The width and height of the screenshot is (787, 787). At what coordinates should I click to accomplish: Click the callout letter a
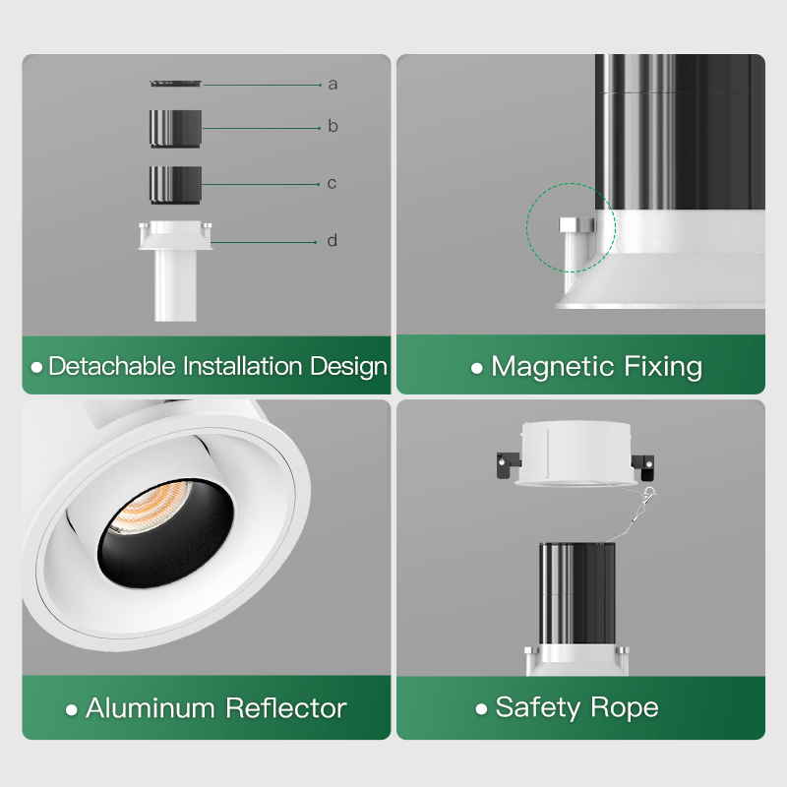click(x=333, y=85)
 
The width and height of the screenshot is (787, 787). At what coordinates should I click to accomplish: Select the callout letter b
click(x=333, y=127)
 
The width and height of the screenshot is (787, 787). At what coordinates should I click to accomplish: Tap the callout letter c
click(x=333, y=183)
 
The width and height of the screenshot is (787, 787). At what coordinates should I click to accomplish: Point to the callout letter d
click(x=333, y=241)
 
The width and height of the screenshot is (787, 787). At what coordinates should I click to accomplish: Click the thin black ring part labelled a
click(x=177, y=84)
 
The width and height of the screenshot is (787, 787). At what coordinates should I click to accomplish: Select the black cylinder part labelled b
click(x=176, y=128)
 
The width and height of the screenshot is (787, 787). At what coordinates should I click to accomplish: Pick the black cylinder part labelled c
click(x=176, y=183)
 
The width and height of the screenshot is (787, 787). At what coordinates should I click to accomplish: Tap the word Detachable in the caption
click(x=112, y=367)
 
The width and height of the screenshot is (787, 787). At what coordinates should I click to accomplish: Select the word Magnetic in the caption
click(x=553, y=367)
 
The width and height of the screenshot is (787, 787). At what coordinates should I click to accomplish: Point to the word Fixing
click(x=663, y=367)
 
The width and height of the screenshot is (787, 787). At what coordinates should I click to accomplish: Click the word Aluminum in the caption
click(x=151, y=707)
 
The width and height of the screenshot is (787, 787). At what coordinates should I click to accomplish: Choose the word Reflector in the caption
click(x=286, y=707)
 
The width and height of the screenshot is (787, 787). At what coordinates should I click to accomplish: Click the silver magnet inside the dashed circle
click(x=576, y=225)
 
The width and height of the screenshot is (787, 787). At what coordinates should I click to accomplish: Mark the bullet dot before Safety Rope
click(x=481, y=708)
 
